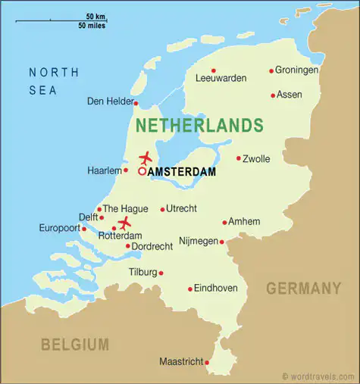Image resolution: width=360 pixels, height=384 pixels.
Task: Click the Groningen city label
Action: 298,70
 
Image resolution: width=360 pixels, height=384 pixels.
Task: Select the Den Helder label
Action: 109,101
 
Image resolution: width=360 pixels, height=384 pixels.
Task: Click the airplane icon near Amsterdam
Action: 146,158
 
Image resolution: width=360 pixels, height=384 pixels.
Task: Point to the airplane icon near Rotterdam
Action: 124,222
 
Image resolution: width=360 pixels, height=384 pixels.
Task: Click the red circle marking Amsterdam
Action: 142,172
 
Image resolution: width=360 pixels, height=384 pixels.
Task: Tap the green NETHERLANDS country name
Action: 199,125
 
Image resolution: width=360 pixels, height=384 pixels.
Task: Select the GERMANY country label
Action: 303,289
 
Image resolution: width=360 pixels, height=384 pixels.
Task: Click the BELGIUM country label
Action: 75,345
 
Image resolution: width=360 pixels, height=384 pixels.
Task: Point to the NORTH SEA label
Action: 52,80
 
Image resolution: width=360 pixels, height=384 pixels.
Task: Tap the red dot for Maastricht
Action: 207,362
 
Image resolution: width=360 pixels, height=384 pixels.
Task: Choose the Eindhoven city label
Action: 216,288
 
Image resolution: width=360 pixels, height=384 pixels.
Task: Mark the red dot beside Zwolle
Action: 238,158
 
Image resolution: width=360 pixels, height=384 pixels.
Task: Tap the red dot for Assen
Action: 273,95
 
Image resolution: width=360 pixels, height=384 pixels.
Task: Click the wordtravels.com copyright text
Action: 318,376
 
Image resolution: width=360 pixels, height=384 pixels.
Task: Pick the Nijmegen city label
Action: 198,242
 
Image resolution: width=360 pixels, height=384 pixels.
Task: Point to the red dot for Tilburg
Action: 161,273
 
